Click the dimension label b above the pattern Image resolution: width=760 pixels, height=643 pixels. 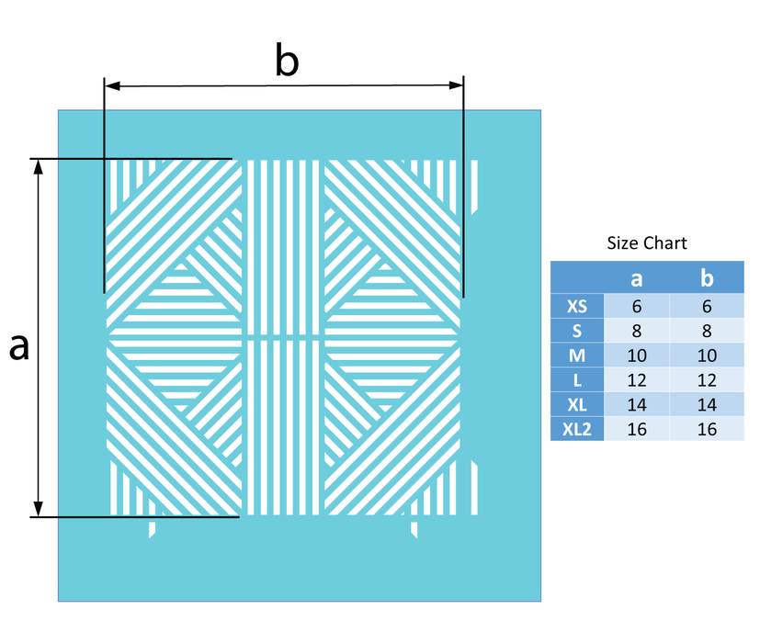287,60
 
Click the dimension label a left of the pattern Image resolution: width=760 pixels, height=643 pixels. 19,347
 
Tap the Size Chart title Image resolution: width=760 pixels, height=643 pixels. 647,243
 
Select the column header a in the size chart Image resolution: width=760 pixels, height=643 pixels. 637,278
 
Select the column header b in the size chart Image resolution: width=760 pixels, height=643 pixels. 707,277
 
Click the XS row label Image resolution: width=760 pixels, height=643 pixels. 577,306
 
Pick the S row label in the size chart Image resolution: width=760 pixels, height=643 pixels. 577,331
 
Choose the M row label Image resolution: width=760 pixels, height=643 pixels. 577,355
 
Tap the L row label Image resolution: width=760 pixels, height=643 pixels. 577,380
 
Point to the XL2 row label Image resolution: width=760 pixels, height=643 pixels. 577,429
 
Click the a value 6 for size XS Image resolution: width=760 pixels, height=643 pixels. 637,306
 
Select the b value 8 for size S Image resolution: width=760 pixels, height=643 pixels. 707,331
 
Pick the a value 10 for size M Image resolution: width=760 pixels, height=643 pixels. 637,355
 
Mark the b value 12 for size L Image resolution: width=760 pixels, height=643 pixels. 707,380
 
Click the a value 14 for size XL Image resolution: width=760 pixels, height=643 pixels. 637,404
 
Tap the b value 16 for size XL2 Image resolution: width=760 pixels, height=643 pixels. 707,429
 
